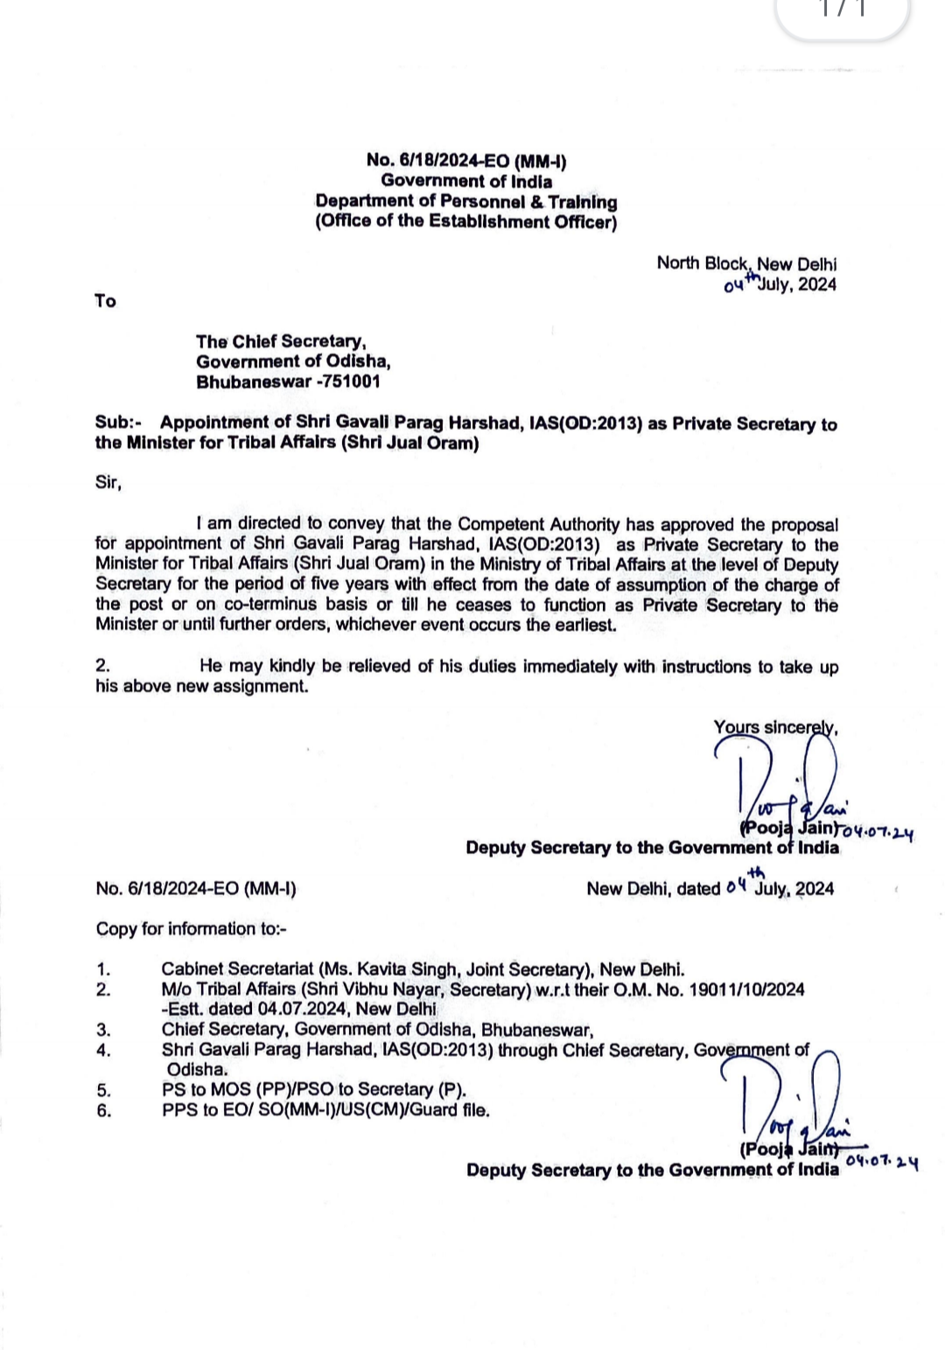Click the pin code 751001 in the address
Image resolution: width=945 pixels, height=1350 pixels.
point(352,382)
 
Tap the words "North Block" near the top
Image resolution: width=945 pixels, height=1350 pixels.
point(702,263)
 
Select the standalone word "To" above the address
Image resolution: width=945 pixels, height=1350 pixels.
point(105,301)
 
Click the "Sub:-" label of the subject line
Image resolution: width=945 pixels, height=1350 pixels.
point(118,423)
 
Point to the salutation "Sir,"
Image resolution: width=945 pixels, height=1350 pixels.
point(108,482)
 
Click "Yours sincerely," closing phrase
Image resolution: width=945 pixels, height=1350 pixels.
point(775,727)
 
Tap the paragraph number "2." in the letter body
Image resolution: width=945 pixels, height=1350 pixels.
point(103,666)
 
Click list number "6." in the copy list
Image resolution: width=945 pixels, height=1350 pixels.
point(104,1110)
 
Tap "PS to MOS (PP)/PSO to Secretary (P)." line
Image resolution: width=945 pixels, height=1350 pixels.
point(314,1089)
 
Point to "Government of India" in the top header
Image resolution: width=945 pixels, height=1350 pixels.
point(466,181)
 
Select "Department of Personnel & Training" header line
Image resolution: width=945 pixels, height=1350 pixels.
point(466,201)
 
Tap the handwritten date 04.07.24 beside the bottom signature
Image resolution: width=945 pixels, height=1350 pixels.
point(882,1161)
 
